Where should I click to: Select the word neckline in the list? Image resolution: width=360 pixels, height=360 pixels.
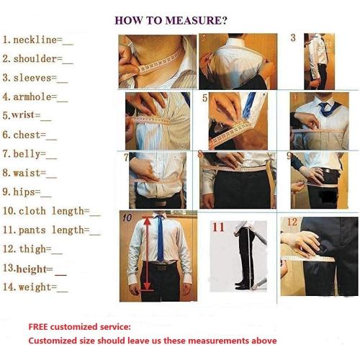pos(35,40)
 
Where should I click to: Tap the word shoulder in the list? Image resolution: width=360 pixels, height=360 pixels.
pos(35,59)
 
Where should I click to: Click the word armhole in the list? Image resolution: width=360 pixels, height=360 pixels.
pos(32,97)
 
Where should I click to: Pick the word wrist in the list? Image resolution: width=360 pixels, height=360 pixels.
pos(23,115)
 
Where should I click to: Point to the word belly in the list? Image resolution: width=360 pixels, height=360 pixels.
pos(27,154)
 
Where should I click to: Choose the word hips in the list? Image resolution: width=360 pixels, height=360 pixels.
pos(24,192)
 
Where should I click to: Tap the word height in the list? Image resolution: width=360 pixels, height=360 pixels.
pos(32,269)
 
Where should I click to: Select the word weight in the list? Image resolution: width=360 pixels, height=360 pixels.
pos(35,287)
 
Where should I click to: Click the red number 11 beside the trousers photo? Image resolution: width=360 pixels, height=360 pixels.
pos(218,227)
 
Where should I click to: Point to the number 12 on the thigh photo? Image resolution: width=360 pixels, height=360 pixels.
pos(292,222)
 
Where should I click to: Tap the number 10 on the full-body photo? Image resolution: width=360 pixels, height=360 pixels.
pos(127,217)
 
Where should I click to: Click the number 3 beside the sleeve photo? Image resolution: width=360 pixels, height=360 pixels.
pos(293,37)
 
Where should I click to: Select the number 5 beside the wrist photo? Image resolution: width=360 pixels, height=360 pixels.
pos(204,98)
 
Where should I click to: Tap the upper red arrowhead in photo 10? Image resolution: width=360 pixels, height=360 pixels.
pos(147,221)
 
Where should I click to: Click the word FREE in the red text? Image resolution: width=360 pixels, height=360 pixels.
pos(38,327)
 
